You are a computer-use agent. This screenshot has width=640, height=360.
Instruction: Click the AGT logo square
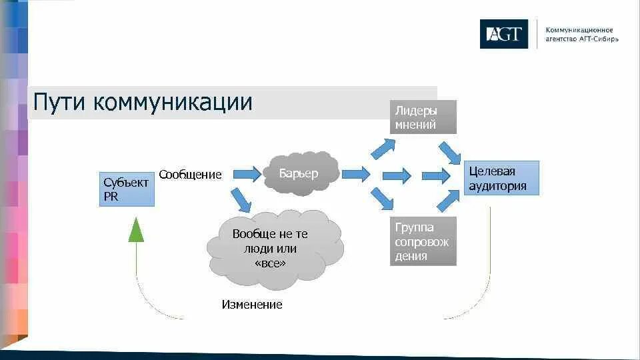tap(503, 34)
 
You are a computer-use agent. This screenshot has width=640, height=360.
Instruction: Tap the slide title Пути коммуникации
tap(143, 103)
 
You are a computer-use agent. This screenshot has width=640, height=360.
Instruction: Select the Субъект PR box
tap(127, 189)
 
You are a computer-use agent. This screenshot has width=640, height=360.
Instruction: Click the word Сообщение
tap(190, 175)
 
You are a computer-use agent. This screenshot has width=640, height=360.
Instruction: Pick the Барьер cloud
tap(299, 173)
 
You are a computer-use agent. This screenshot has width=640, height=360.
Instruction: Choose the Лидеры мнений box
tap(423, 117)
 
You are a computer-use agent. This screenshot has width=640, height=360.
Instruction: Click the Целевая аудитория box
tap(501, 179)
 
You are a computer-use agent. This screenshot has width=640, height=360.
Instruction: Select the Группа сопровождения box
tap(423, 241)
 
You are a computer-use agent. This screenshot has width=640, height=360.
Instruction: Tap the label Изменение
tap(252, 305)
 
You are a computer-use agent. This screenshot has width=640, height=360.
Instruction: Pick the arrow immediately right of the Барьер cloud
tap(355, 175)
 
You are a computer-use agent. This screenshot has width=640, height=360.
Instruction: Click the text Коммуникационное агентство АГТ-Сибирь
tap(581, 34)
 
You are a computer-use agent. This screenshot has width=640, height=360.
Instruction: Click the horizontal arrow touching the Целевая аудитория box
tap(436, 176)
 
